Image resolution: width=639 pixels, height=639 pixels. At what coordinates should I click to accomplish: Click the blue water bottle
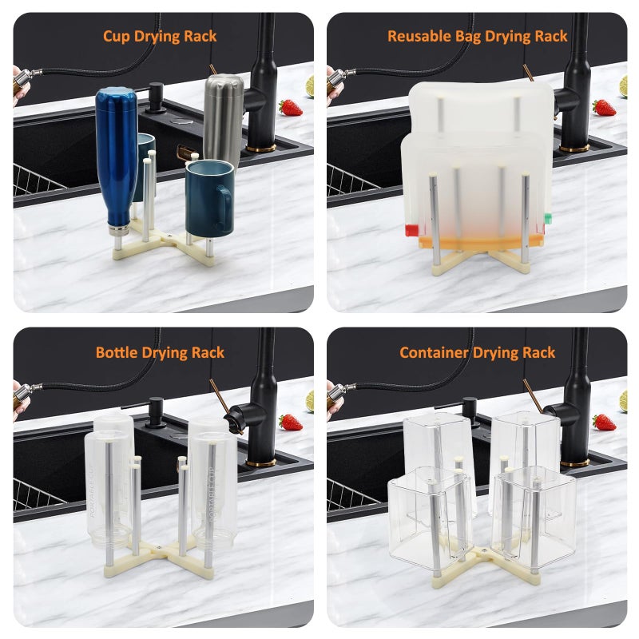[117, 161]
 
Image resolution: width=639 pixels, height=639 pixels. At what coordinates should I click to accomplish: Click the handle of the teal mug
[224, 208]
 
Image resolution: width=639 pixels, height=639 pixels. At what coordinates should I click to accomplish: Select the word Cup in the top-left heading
[116, 37]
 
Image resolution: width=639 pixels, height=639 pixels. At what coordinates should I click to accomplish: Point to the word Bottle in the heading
[117, 352]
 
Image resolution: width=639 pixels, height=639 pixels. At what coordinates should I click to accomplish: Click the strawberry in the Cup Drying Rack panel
[290, 108]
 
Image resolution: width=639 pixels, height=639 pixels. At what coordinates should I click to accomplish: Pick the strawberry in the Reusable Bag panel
[604, 108]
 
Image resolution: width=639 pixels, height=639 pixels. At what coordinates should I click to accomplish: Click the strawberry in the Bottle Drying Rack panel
[291, 423]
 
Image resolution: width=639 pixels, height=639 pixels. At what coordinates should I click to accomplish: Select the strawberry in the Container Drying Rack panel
[604, 423]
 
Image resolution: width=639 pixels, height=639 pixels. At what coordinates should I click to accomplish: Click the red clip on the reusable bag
[412, 230]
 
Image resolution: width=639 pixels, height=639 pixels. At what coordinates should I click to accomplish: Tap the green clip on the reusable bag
[547, 218]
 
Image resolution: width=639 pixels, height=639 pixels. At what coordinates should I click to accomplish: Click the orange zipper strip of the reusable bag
[481, 242]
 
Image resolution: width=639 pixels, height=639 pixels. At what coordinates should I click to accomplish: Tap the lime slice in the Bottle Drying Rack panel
[310, 402]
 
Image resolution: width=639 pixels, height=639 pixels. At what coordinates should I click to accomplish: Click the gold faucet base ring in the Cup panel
[261, 148]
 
